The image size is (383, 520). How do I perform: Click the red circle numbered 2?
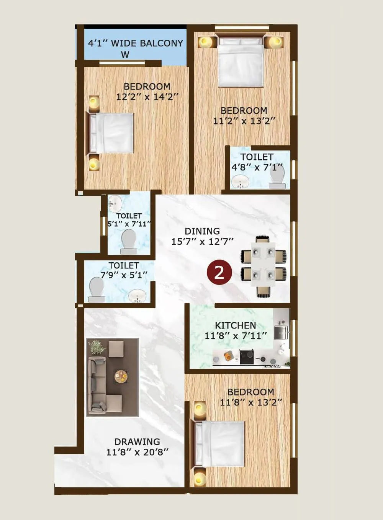(219, 273)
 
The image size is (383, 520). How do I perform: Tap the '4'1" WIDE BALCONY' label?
(136, 43)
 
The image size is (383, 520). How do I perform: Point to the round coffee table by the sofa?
(121, 376)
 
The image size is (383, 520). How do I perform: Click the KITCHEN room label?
(235, 325)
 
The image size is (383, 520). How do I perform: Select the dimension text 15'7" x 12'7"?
(202, 242)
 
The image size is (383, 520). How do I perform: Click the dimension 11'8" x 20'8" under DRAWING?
(137, 452)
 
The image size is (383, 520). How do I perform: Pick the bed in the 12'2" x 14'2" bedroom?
(112, 133)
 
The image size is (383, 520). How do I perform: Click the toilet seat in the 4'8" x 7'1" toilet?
(277, 178)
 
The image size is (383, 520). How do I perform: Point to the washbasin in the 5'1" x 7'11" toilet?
(115, 203)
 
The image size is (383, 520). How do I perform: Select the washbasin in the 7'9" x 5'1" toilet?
(137, 296)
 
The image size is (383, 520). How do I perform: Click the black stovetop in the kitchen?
(246, 357)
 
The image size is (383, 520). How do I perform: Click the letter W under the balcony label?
(125, 55)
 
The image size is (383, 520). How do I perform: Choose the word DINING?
(202, 231)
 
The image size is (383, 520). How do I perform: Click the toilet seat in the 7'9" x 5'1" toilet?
(97, 289)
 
